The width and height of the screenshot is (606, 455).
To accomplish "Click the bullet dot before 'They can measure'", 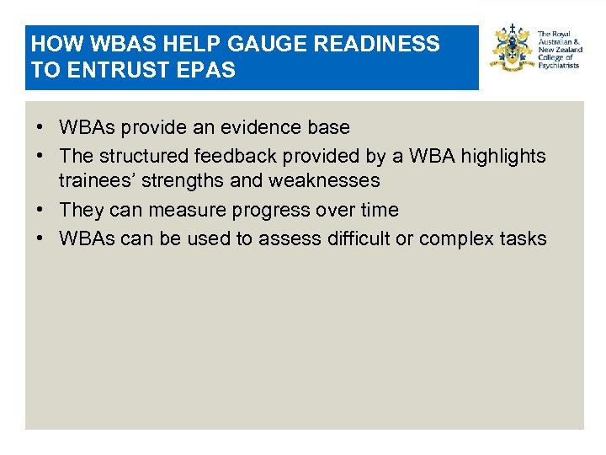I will tap(40, 210).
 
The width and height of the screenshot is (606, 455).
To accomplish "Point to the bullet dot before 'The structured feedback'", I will tap(40, 156).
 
